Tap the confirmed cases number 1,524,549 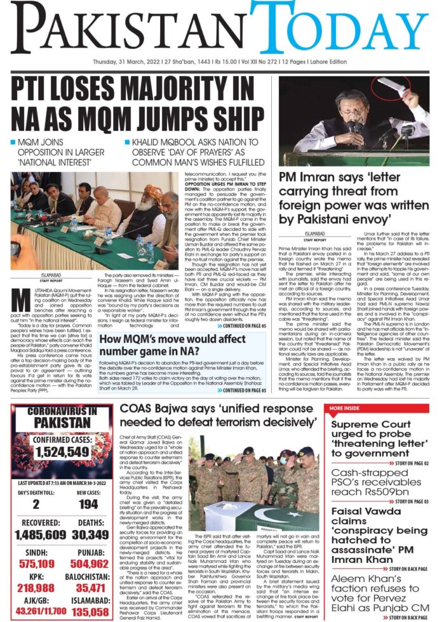pyautogui.click(x=62, y=452)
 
